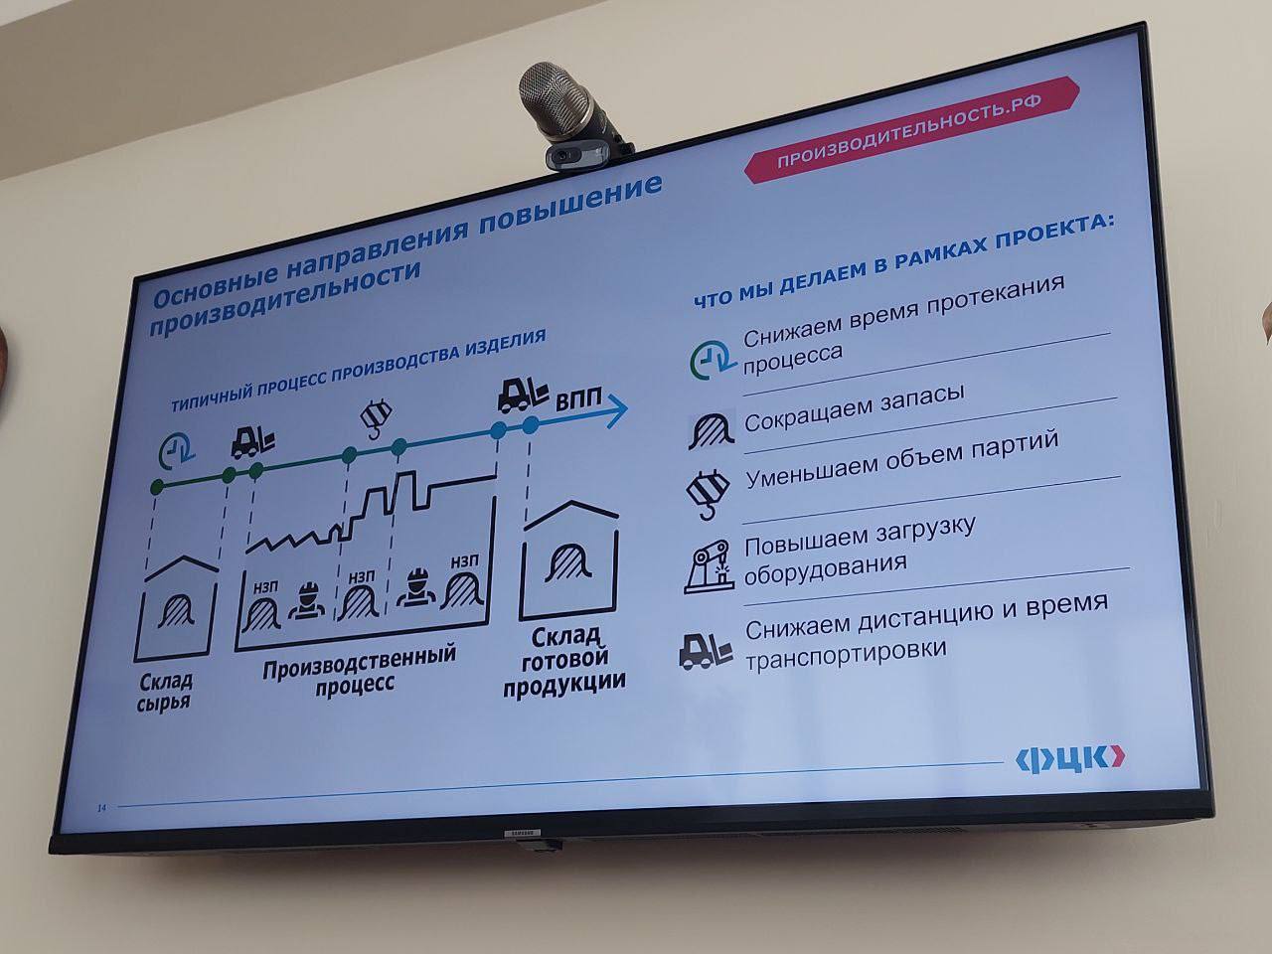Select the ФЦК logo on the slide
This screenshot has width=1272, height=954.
pyautogui.click(x=1070, y=760)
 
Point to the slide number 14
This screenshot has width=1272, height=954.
pyautogui.click(x=102, y=808)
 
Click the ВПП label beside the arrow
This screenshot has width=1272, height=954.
pyautogui.click(x=577, y=399)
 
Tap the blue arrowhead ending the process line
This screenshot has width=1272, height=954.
pyautogui.click(x=617, y=410)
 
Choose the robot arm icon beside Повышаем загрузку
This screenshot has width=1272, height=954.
pyautogui.click(x=710, y=567)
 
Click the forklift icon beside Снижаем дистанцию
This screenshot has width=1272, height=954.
pyautogui.click(x=706, y=651)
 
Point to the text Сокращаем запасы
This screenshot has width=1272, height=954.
pyautogui.click(x=855, y=407)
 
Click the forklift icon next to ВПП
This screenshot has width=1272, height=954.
pyautogui.click(x=523, y=396)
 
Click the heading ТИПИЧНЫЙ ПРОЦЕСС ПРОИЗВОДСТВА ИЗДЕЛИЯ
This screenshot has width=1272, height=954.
pyautogui.click(x=358, y=370)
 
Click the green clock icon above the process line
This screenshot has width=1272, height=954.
pyautogui.click(x=177, y=450)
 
